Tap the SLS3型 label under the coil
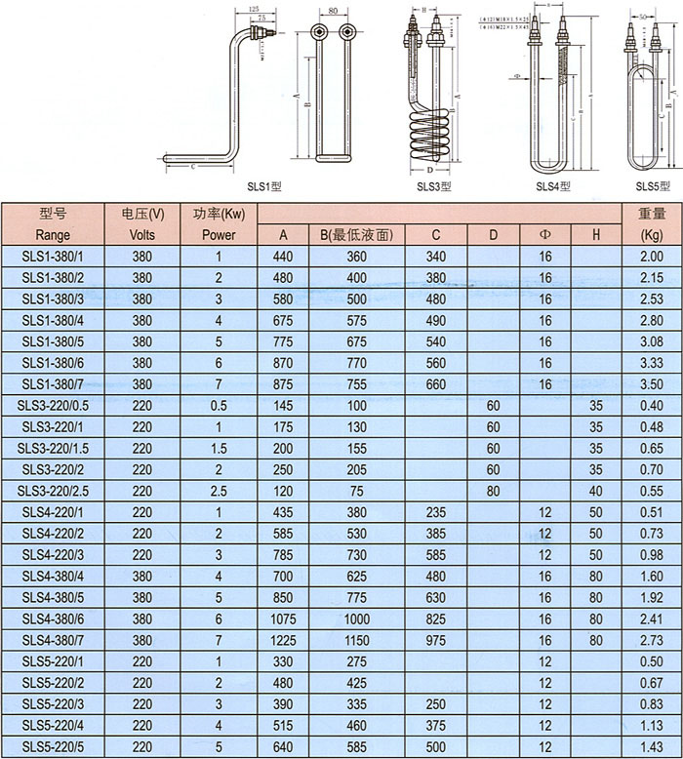point(434,185)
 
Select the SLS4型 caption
point(553,185)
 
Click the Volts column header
point(142,234)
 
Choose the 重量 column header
point(651,213)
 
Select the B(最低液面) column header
point(356,234)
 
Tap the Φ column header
point(544,234)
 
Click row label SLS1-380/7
point(53,384)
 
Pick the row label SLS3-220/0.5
point(53,405)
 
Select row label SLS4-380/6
point(53,618)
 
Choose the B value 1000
point(356,618)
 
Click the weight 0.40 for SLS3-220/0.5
point(651,405)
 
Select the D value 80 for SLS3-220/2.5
point(493,491)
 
